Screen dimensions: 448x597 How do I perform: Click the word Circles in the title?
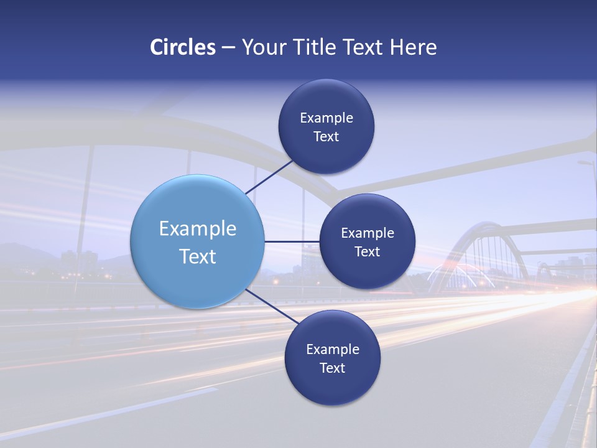click(183, 47)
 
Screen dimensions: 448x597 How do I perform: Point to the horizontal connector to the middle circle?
click(291, 241)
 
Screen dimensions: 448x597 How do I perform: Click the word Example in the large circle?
click(198, 229)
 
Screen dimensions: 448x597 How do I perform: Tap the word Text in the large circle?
click(198, 256)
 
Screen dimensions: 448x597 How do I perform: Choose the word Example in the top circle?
click(326, 118)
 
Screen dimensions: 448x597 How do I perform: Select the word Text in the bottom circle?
click(332, 368)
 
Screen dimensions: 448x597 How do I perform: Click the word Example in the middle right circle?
click(368, 233)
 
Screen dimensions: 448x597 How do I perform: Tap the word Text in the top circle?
click(326, 137)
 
